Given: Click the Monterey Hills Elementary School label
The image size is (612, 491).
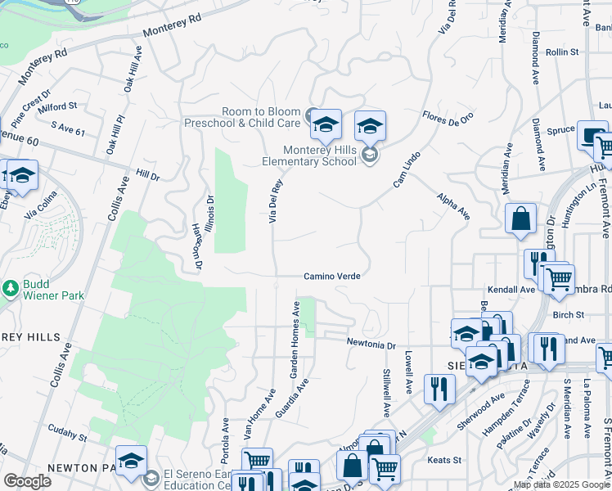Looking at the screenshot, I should [x=320, y=155].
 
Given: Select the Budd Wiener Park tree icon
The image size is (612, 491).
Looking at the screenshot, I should [x=10, y=288].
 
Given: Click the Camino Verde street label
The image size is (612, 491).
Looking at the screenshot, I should [x=332, y=277].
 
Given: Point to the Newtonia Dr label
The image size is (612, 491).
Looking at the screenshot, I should [x=371, y=344].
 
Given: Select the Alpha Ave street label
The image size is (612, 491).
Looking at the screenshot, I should [x=453, y=207].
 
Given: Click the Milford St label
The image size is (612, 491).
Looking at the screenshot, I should [x=56, y=106].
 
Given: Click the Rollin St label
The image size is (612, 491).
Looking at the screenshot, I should [x=562, y=52].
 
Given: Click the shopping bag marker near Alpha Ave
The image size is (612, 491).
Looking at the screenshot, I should [x=520, y=219].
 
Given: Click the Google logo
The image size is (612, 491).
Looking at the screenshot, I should [x=27, y=481].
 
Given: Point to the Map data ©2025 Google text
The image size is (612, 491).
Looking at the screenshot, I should [x=560, y=484].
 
